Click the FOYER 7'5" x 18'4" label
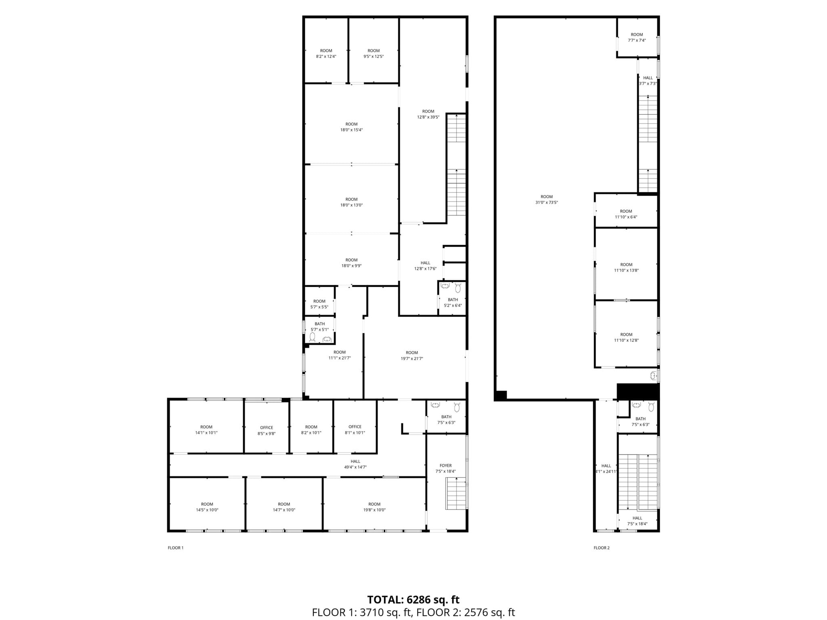point(445,468)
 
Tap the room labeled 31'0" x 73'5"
point(546,199)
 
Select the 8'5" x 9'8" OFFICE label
point(267,430)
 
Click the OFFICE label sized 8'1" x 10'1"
point(355,429)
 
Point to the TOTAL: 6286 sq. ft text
point(413,599)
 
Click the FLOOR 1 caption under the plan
point(176,548)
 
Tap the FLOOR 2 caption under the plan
point(601,548)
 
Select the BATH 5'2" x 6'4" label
point(453,302)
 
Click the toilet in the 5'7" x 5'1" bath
point(313,337)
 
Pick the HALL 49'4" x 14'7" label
point(355,464)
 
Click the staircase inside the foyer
point(456,493)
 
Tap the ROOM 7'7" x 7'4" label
point(637,37)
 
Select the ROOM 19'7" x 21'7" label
point(412,355)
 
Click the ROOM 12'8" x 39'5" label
point(428,114)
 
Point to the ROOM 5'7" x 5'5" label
point(319,304)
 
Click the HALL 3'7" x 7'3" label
point(648,80)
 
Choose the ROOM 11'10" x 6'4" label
point(626,214)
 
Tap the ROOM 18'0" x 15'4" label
point(351,127)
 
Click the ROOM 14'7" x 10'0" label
point(284,507)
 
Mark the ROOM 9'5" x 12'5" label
point(374,53)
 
